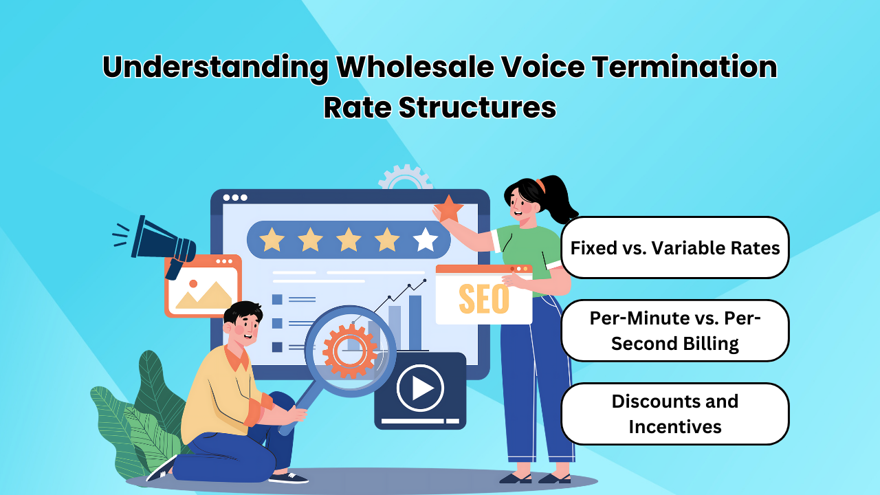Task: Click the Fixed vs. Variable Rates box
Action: pos(675,247)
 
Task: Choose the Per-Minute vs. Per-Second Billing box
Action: pos(675,331)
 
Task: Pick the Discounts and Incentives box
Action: pos(675,414)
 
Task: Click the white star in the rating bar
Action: pos(426,240)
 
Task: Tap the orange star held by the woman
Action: pos(449,208)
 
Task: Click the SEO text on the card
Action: pos(483,299)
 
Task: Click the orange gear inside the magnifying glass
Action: pos(350,350)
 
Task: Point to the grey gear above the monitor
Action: pos(406,177)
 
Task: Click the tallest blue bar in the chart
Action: pos(415,322)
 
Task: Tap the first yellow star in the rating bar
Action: pos(272,240)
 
